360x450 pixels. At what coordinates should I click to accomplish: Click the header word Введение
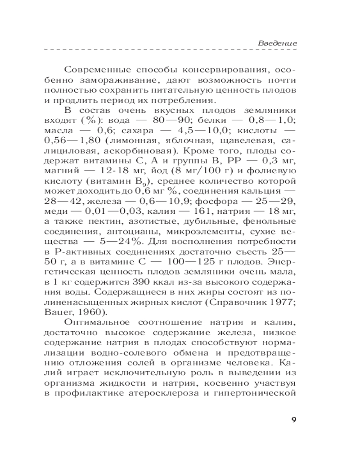(x=277, y=44)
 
